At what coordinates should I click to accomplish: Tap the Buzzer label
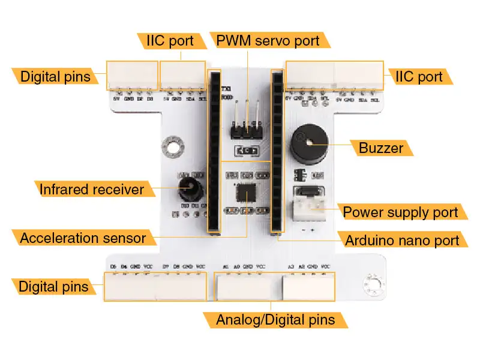pyautogui.click(x=381, y=148)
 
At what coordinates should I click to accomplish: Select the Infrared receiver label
pyautogui.click(x=92, y=190)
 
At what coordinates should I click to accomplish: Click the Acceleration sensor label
pyautogui.click(x=83, y=238)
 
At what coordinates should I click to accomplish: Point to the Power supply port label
pyautogui.click(x=400, y=212)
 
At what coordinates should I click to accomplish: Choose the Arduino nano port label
pyautogui.click(x=402, y=241)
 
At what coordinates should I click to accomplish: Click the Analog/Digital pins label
pyautogui.click(x=275, y=319)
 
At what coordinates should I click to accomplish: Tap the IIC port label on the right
pyautogui.click(x=418, y=76)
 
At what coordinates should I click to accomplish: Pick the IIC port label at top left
pyautogui.click(x=170, y=41)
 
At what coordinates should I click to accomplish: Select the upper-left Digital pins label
pyautogui.click(x=55, y=76)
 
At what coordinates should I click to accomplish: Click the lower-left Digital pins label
pyautogui.click(x=53, y=286)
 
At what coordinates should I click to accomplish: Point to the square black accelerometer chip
pyautogui.click(x=245, y=193)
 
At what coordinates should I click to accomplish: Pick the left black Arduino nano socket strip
pyautogui.click(x=214, y=151)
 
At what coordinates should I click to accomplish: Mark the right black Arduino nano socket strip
pyautogui.click(x=277, y=151)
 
